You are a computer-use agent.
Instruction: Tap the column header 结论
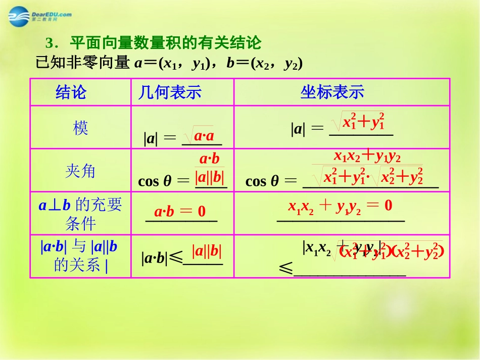pos(71,92)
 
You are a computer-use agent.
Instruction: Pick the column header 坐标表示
pos(332,92)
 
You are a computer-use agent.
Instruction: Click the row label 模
pos(80,128)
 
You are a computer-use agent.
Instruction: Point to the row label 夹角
pos(80,171)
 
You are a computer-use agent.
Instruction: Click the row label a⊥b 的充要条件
pos(80,214)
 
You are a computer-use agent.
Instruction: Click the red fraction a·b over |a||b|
pos(210,169)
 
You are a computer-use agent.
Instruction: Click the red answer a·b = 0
pos(180,212)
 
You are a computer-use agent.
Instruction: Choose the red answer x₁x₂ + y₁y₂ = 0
pos(340,205)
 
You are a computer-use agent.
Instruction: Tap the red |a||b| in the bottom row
pos(207,251)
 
